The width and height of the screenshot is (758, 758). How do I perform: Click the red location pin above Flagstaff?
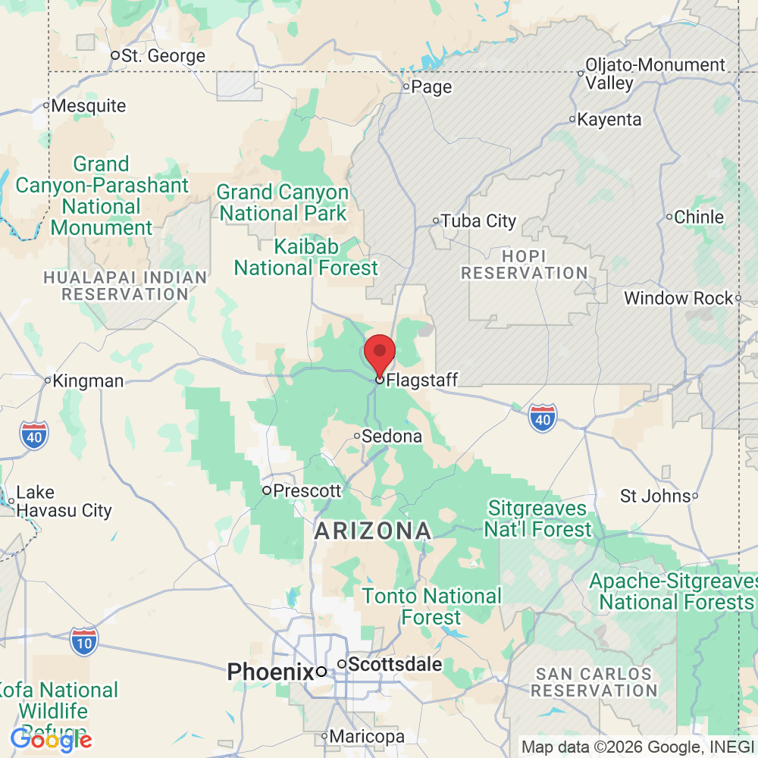380,352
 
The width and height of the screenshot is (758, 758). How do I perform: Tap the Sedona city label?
391,437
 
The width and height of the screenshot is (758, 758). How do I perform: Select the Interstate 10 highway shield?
84,641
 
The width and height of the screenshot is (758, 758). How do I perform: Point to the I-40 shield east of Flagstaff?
543,418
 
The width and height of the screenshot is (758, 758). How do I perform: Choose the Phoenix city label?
271,672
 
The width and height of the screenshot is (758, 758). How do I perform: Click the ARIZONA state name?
373,531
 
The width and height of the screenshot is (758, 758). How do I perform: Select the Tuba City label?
478,221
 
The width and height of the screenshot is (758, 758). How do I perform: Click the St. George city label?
163,56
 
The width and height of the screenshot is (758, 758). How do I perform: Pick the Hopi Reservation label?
525,265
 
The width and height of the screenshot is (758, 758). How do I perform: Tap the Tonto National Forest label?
431,606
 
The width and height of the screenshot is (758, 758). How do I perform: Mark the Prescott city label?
306,490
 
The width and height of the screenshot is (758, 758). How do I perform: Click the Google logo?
52,739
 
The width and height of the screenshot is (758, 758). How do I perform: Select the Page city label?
431,87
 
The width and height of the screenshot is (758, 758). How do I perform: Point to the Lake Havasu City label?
64,502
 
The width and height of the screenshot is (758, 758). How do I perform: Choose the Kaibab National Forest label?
305,258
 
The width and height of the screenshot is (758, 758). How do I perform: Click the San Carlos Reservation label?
594,682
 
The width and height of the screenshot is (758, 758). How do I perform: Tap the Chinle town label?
698,217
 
